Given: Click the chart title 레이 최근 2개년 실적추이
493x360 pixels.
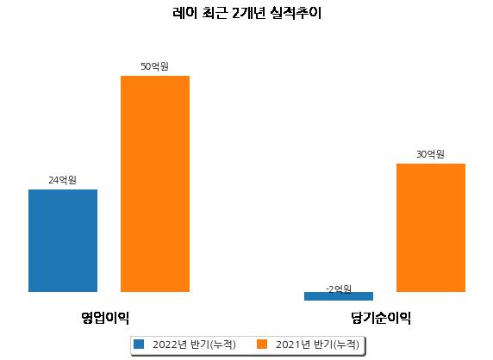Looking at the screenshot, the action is coord(246,13).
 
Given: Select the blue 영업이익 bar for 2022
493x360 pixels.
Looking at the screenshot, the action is coord(63,240).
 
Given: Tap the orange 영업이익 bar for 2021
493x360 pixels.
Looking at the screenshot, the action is coord(155,183).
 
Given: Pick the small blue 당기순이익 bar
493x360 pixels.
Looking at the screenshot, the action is coord(339,296).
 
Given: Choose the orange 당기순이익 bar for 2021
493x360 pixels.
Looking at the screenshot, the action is coord(431,227).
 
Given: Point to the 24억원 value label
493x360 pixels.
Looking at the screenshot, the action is coord(62,180).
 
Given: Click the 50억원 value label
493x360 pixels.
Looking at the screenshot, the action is coord(154,66).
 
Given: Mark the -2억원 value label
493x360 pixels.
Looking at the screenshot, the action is coord(339,289).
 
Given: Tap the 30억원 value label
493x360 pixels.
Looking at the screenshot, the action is coord(430,154).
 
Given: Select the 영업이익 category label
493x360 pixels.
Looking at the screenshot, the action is coord(105,318).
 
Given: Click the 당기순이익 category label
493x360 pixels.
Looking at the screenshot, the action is coord(381,318).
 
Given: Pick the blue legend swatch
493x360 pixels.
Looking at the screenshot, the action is coord(139,344).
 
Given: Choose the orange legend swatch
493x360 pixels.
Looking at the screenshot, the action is coord(262,344).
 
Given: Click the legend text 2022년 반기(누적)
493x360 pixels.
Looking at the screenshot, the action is coord(194,344).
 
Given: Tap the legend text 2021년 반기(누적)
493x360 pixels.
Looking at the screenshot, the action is coord(317,344).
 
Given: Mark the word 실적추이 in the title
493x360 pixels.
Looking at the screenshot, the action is coord(296,13).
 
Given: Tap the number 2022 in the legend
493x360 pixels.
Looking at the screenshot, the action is coord(165,344).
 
